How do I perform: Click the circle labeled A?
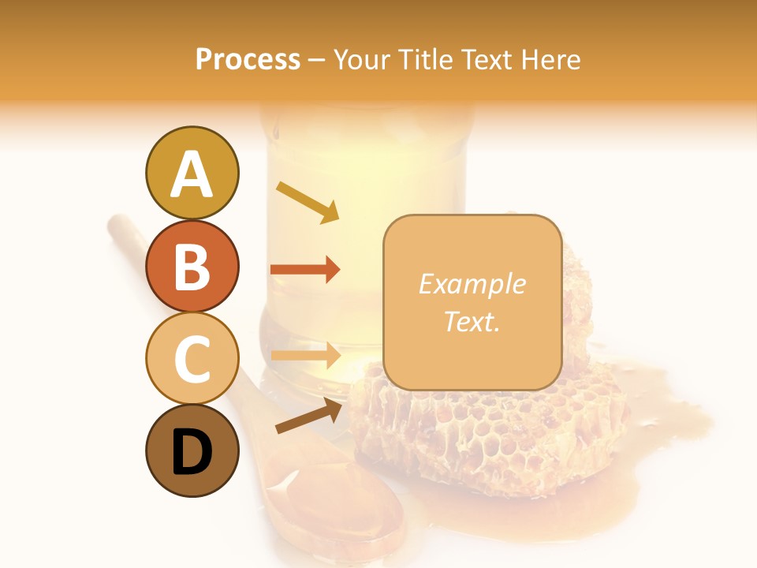[x=192, y=173]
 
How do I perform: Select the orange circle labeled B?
[x=192, y=266]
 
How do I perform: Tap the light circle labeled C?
[x=192, y=358]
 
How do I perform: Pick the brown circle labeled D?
[x=192, y=450]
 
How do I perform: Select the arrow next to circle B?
[x=304, y=270]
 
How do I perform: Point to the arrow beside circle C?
[x=305, y=355]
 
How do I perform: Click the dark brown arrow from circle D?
[x=308, y=416]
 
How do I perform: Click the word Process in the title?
[x=248, y=59]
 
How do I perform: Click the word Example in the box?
[x=472, y=284]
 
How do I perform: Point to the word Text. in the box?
[x=472, y=321]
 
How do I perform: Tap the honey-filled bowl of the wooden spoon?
[x=331, y=505]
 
